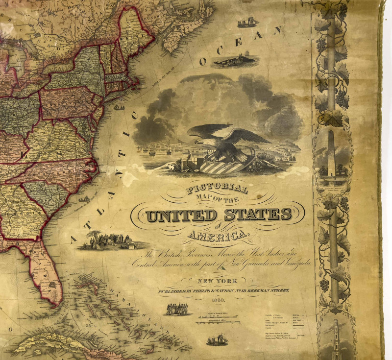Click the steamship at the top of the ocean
[x=247, y=23]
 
